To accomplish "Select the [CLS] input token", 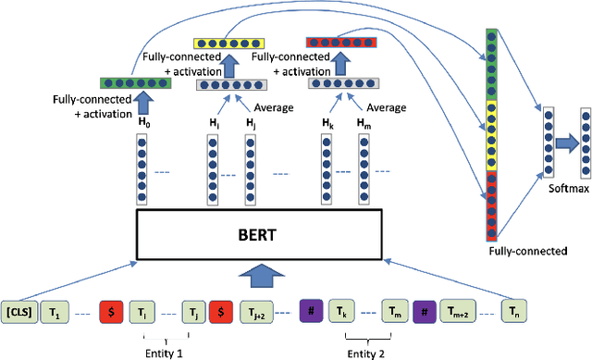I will point(18,313).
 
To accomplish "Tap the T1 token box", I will point(59,313).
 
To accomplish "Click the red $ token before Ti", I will point(111,313).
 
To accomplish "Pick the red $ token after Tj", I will point(221,313).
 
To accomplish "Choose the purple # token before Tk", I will point(311,313).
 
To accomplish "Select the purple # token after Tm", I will point(425,313).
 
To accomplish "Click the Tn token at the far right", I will point(518,313).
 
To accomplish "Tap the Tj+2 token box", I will point(256,313).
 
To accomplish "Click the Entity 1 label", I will point(166,353).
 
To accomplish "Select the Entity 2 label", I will point(367,353).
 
